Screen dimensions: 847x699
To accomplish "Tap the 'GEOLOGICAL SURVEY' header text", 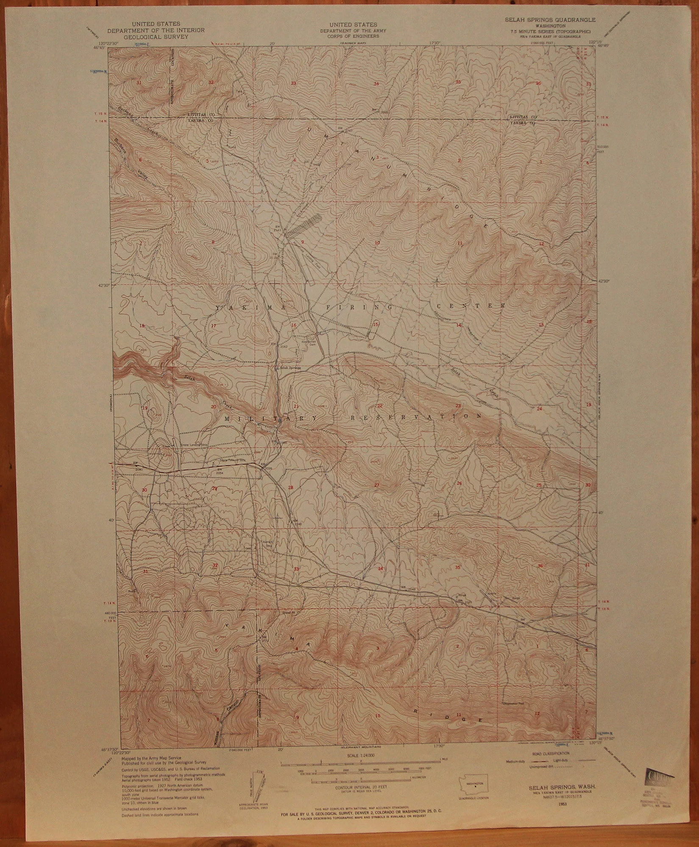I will (x=156, y=37).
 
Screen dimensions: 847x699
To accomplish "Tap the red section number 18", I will (x=142, y=326).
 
